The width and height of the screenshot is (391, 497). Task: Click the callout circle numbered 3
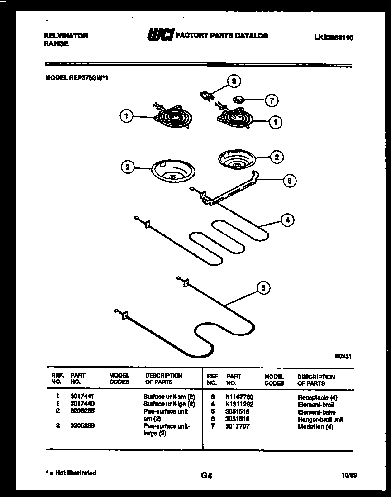234,81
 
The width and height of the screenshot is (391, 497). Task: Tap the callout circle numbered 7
271,100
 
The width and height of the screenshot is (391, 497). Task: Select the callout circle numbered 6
290,181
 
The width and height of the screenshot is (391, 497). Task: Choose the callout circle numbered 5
264,287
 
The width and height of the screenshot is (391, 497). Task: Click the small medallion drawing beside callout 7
239,99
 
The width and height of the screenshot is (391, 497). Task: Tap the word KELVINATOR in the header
66,36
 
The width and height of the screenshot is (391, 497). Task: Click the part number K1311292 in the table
239,405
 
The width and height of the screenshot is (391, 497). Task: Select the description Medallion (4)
315,427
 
